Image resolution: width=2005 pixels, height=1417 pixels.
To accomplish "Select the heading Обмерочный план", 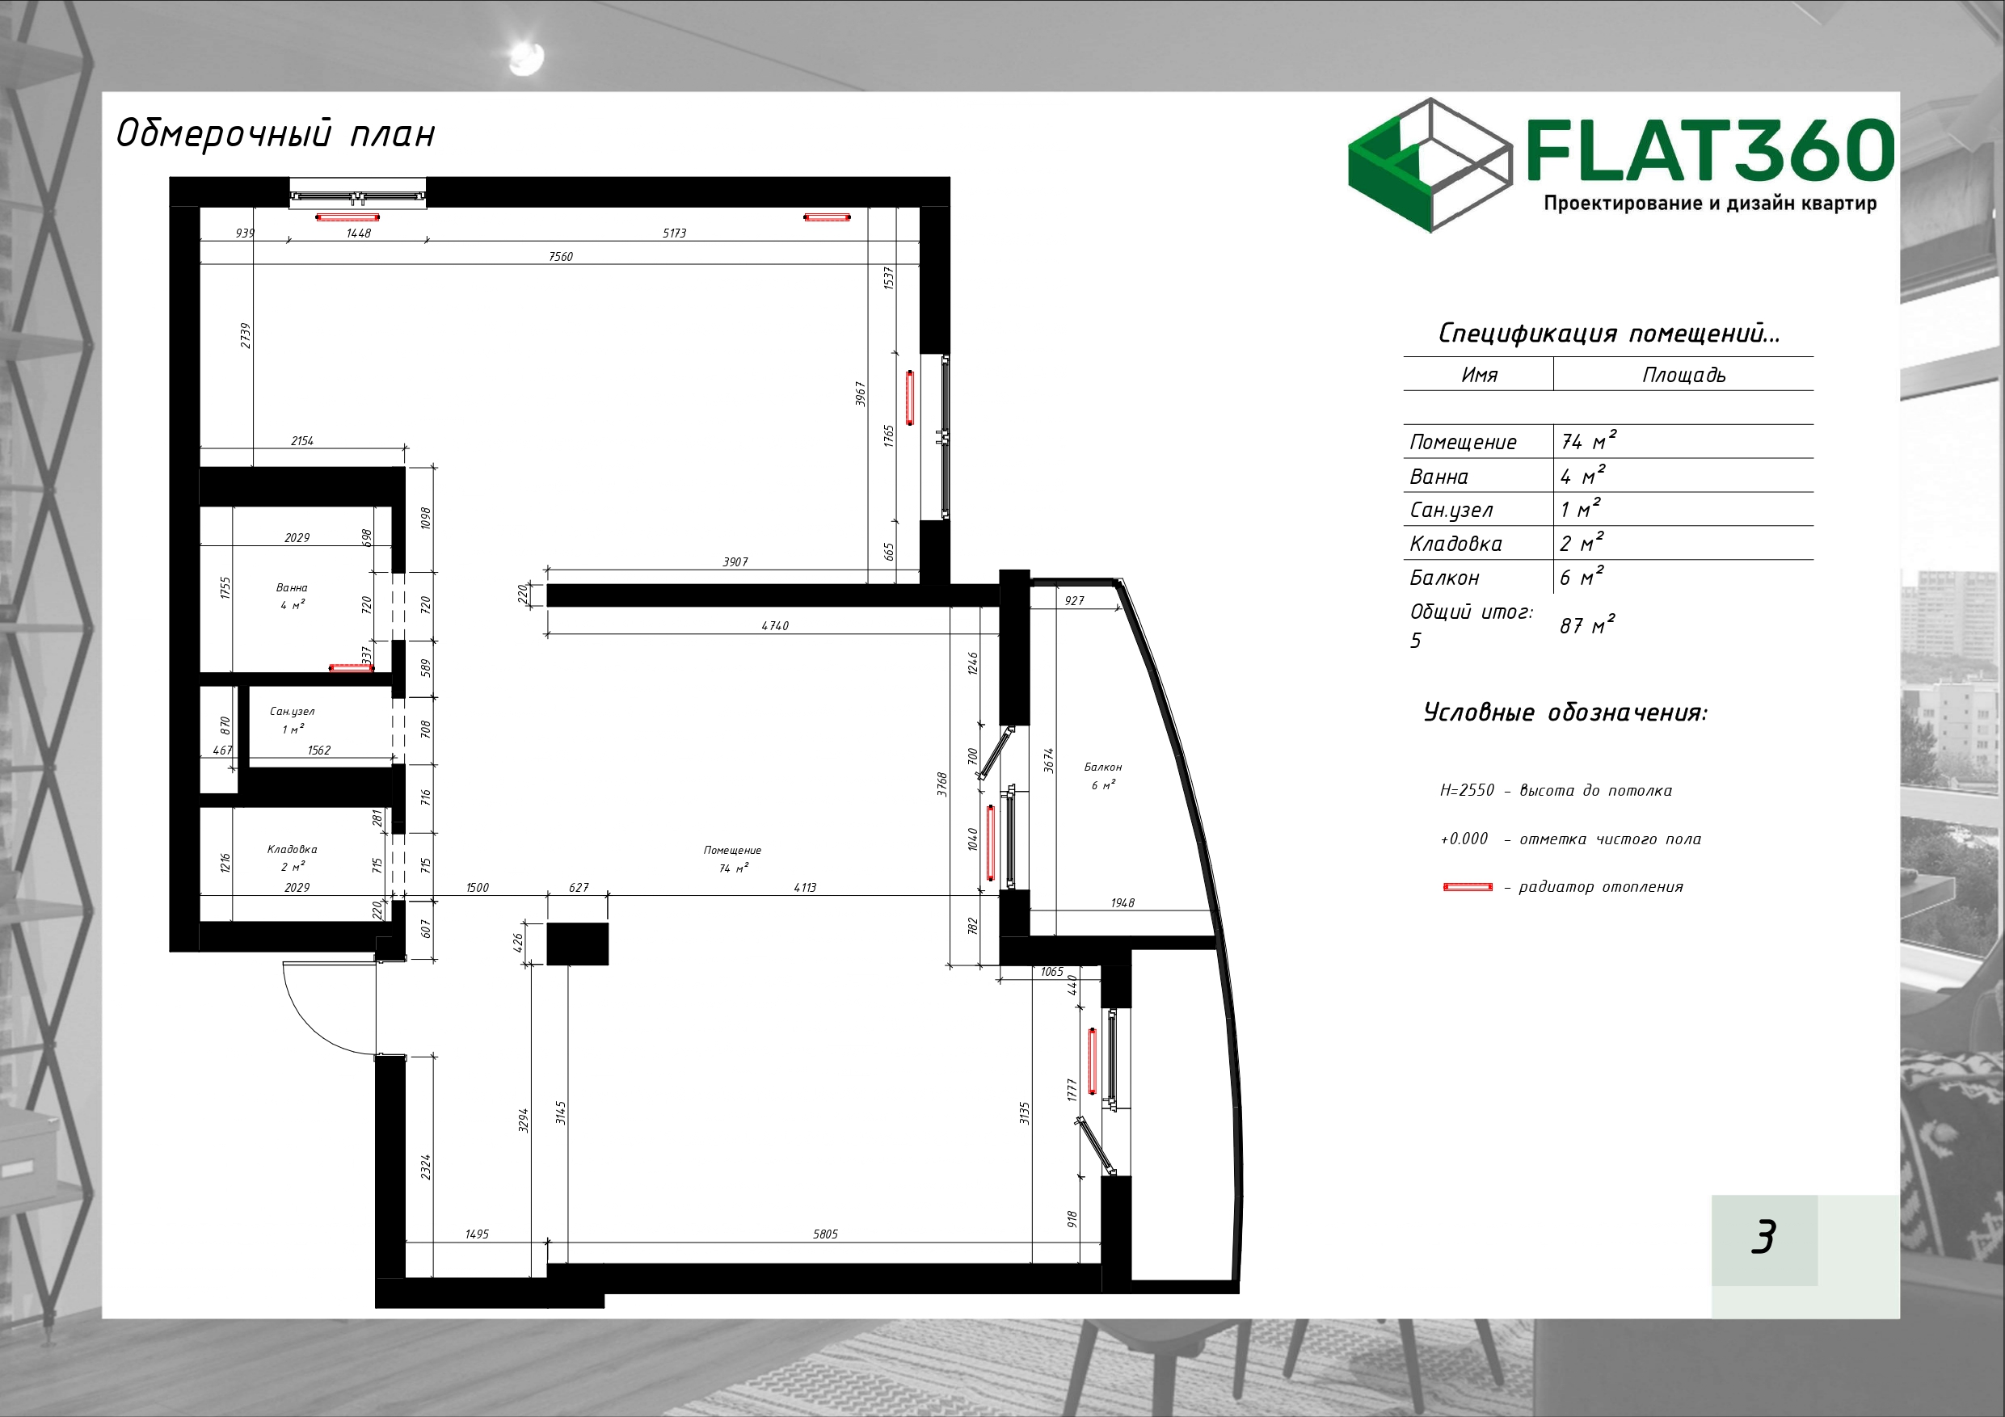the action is pyautogui.click(x=275, y=133).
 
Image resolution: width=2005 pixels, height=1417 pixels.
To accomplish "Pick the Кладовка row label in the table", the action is pyautogui.click(x=1455, y=544).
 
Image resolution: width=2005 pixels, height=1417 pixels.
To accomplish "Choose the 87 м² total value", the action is pyautogui.click(x=1586, y=625).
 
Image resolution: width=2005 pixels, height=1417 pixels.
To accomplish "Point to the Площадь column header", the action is pyautogui.click(x=1683, y=376).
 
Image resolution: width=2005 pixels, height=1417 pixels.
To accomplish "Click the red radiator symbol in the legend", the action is pyautogui.click(x=1468, y=887).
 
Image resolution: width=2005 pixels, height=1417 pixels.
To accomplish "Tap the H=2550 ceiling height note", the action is pyautogui.click(x=1556, y=790).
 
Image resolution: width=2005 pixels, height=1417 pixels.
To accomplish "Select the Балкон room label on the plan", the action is pyautogui.click(x=1103, y=767).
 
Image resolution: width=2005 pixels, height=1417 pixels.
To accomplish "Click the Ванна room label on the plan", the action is pyautogui.click(x=292, y=587).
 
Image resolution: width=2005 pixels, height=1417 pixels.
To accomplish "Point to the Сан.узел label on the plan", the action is pyautogui.click(x=292, y=712).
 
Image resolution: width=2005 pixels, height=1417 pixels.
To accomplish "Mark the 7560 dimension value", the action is pyautogui.click(x=561, y=257).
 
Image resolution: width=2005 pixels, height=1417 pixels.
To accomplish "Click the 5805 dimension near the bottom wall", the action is pyautogui.click(x=825, y=1234).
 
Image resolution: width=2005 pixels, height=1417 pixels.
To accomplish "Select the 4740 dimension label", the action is pyautogui.click(x=774, y=625).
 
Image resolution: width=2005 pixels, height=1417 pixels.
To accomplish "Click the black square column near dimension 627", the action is pyautogui.click(x=577, y=944).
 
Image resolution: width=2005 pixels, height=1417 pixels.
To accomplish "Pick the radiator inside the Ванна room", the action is pyautogui.click(x=351, y=668).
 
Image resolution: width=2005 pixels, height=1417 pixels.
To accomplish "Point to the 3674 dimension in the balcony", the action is pyautogui.click(x=1049, y=759).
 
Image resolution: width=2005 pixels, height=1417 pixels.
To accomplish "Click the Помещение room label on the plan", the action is pyautogui.click(x=733, y=850).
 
